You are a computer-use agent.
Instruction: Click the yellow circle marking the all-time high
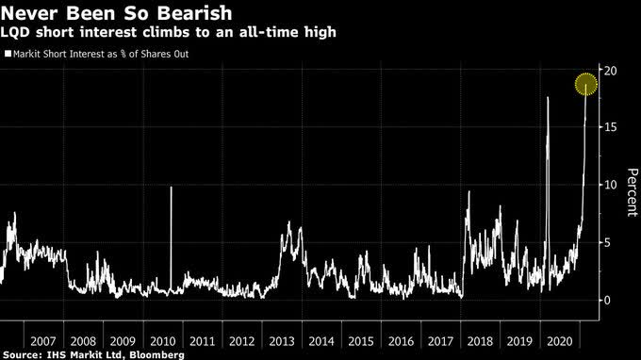coord(585,84)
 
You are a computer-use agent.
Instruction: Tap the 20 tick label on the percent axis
coord(610,71)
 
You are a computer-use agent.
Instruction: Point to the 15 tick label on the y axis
coord(610,127)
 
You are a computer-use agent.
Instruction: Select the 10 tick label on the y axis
coord(610,185)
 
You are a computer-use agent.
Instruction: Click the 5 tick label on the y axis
coord(607,243)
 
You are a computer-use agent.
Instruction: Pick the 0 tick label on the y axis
coord(607,301)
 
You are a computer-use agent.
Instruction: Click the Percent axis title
coord(632,192)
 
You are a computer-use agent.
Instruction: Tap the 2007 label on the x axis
coord(43,341)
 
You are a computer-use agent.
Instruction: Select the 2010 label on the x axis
coord(163,341)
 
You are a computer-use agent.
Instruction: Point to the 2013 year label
coord(282,341)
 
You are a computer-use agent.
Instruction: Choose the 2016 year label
coord(401,341)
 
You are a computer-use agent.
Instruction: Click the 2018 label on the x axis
coord(481,341)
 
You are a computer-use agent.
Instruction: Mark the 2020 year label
coord(560,341)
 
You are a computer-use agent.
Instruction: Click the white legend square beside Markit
coord(8,54)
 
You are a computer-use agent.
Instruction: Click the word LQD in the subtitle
coord(15,32)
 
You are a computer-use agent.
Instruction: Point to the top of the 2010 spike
coord(171,188)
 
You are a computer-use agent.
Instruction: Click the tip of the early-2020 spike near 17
coord(548,97)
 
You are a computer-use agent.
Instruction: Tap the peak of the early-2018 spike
coord(468,191)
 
